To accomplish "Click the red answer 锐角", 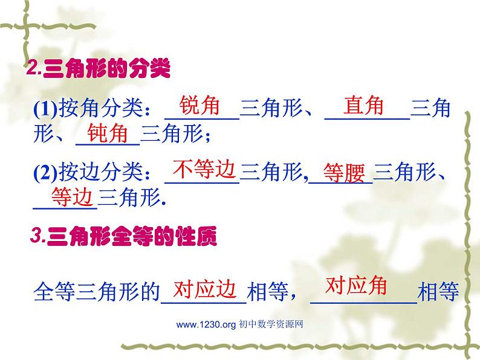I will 200,106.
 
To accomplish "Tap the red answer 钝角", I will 108,133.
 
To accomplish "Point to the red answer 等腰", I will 345,173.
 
